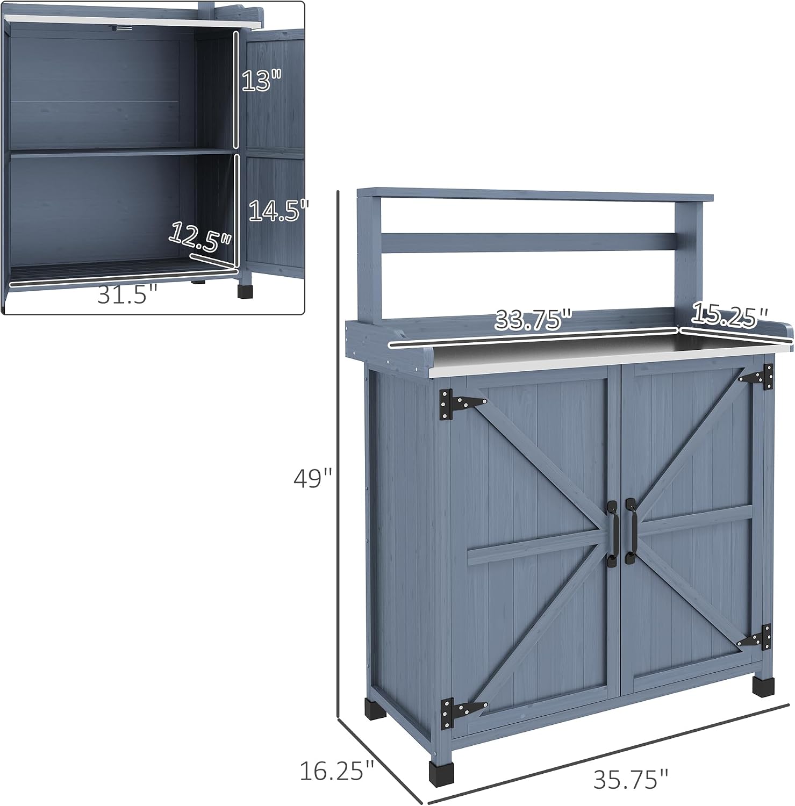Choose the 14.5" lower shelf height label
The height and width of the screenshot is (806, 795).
tap(279, 211)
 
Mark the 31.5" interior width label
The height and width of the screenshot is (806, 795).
tap(128, 294)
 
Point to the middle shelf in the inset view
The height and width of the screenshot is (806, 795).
tap(123, 153)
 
